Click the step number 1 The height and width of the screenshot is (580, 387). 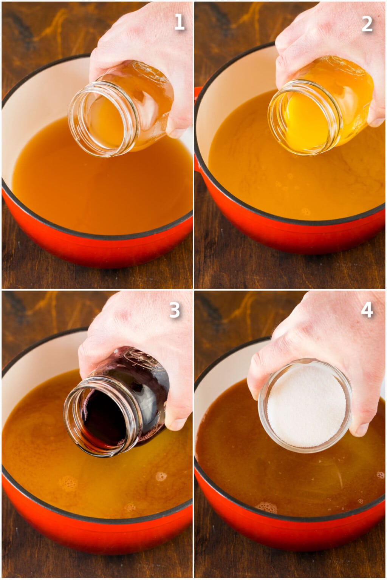click(179, 22)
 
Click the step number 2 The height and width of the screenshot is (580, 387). click(367, 23)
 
